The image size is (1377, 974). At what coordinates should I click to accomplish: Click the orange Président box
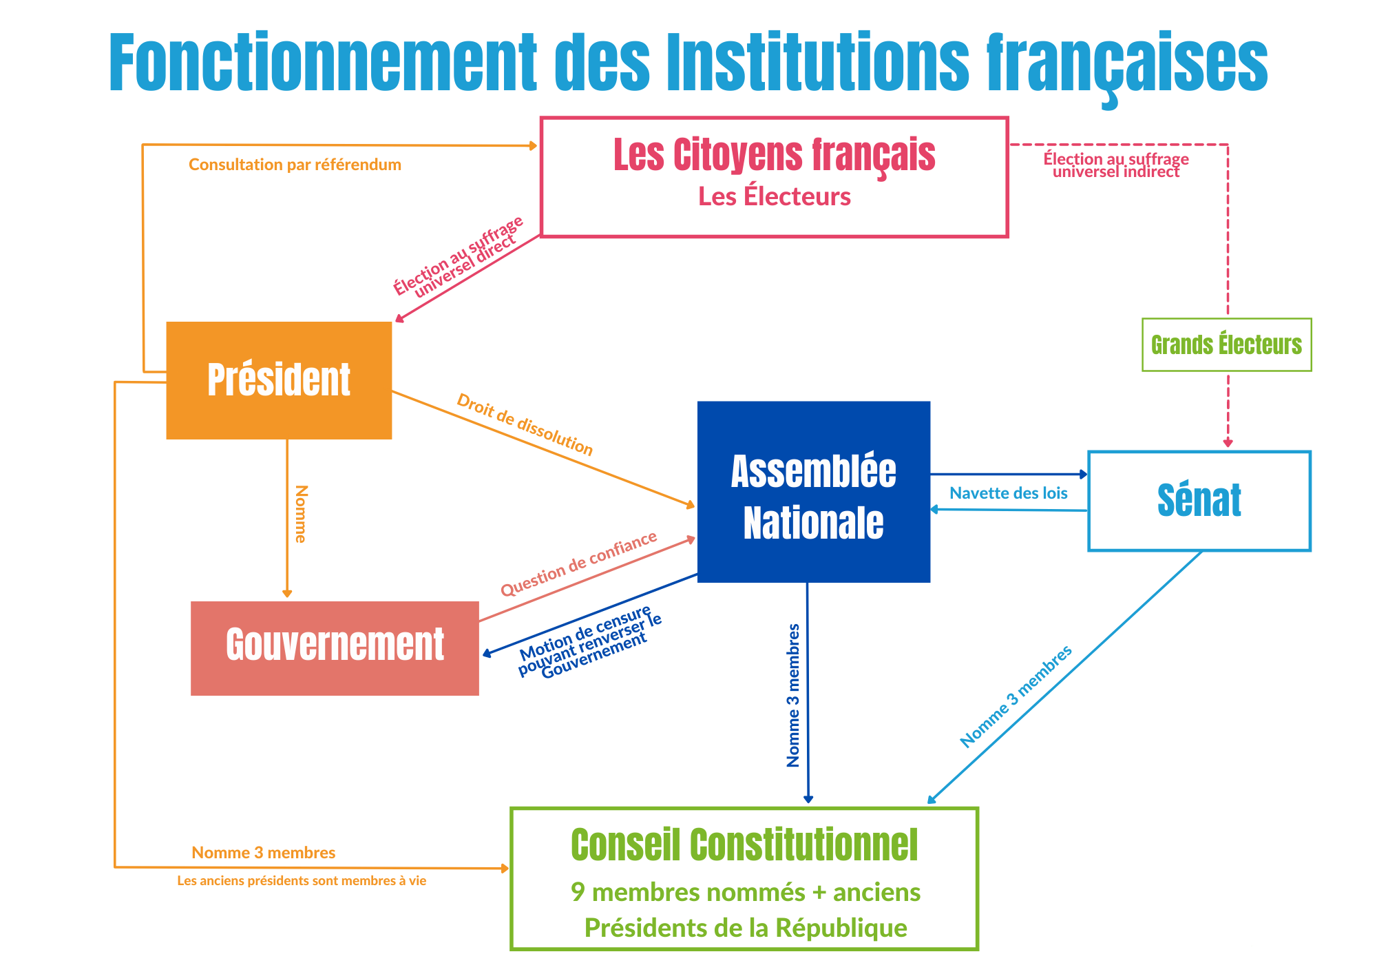coord(279,380)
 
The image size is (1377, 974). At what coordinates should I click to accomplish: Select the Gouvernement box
coord(335,648)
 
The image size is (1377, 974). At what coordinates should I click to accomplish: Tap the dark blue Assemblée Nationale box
coord(814,492)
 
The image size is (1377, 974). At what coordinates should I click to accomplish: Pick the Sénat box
coord(1199,501)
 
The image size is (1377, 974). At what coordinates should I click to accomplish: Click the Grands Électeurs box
coord(1227,344)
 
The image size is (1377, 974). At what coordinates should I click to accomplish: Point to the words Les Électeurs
coord(775,196)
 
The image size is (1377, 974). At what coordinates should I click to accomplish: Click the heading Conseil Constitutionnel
coord(744,845)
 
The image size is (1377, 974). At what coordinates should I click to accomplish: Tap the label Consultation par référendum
coord(295,165)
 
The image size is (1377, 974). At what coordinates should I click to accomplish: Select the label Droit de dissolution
coord(525,424)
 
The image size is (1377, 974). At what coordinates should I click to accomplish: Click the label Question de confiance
coord(579,563)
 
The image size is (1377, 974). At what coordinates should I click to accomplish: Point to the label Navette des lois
coord(1009,493)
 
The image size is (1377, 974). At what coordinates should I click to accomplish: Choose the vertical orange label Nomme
coord(301,514)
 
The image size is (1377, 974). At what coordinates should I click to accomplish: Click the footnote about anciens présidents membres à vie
coord(302,881)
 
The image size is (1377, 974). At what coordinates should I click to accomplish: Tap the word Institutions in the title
coord(819,62)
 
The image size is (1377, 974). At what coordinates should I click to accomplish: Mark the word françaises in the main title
coord(1127,65)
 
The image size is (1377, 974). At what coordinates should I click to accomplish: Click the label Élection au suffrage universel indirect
coord(1116,165)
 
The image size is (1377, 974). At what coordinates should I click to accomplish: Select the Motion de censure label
coord(589,642)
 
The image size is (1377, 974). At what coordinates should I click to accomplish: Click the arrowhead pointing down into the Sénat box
coord(1228,443)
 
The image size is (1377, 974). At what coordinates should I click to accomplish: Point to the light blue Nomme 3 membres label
coord(1016,696)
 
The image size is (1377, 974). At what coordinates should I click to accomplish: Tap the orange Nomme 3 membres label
coord(264,853)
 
